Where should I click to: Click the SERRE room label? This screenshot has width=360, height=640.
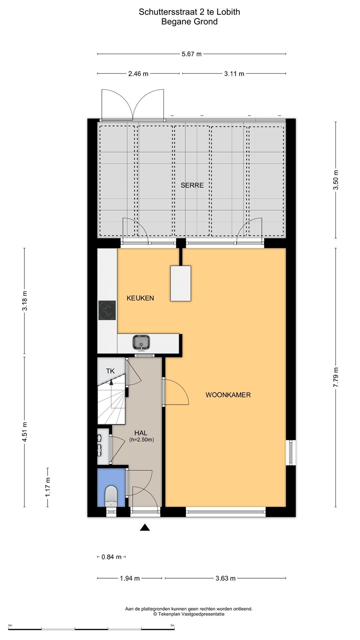[192, 185]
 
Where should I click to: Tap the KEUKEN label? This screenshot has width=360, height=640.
[140, 298]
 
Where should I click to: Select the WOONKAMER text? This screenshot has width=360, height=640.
[228, 395]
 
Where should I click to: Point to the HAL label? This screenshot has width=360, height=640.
[140, 433]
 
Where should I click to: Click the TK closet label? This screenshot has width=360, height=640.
[110, 371]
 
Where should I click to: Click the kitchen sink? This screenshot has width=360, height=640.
[141, 342]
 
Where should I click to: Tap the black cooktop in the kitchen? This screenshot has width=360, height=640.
[107, 310]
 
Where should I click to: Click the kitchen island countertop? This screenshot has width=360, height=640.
[180, 283]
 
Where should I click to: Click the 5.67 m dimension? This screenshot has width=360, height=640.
[192, 54]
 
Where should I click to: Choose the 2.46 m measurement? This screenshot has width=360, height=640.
[138, 74]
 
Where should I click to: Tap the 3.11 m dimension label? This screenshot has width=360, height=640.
[234, 74]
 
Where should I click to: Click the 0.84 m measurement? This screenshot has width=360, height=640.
[112, 557]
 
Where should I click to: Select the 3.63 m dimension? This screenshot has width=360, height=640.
[225, 578]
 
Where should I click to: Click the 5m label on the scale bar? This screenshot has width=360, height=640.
[172, 625]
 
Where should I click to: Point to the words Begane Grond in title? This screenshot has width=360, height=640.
[189, 22]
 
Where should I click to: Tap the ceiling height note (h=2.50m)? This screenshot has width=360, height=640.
[141, 440]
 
